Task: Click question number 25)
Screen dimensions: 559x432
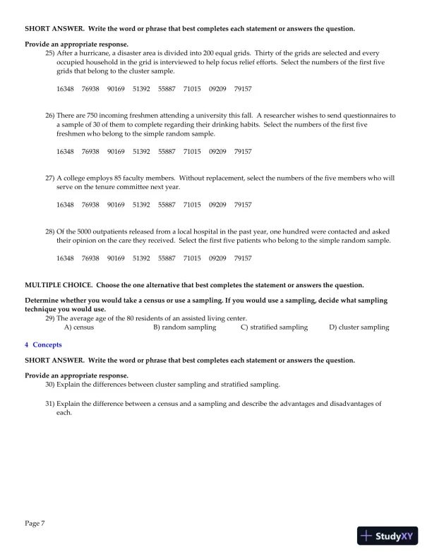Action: pyautogui.click(x=50, y=53)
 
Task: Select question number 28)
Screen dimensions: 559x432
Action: pyautogui.click(x=50, y=232)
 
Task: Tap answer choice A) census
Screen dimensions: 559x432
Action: pyautogui.click(x=79, y=327)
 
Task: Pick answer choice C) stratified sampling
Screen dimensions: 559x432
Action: pyautogui.click(x=274, y=327)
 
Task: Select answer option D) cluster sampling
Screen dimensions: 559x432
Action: pyautogui.click(x=359, y=327)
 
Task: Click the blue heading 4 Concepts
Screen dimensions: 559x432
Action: pyautogui.click(x=43, y=344)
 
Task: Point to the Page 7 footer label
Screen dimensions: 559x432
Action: pyautogui.click(x=35, y=523)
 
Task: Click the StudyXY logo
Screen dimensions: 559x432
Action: pyautogui.click(x=388, y=536)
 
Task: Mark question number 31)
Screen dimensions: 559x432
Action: pyautogui.click(x=50, y=404)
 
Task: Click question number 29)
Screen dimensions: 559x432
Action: pyautogui.click(x=50, y=318)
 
